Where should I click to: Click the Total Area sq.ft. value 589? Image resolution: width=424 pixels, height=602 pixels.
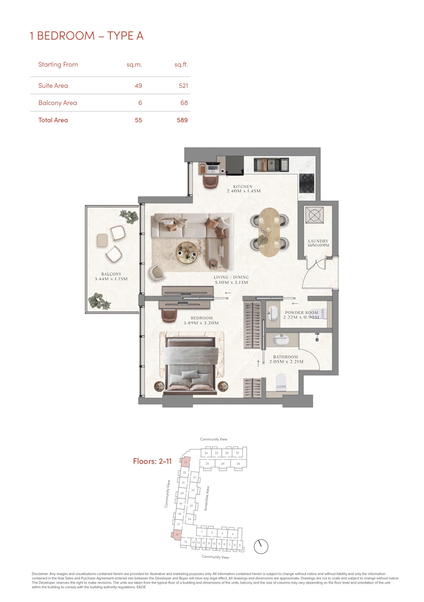182,120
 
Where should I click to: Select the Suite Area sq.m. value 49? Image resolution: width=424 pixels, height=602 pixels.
139,86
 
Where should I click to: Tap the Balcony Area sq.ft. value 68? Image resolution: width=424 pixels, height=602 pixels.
184,103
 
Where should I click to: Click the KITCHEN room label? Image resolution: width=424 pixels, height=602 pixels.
243,187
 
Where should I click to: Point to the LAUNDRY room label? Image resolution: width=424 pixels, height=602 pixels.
318,241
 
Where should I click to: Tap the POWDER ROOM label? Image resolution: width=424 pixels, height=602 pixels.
302,312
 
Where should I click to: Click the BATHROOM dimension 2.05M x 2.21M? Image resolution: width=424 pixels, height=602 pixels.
286,362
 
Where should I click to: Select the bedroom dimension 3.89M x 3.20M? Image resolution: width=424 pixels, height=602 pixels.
201,323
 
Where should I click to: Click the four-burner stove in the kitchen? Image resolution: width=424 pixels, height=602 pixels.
307,183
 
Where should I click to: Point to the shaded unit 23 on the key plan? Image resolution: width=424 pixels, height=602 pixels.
186,462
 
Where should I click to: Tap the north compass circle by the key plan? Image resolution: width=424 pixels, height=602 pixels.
261,547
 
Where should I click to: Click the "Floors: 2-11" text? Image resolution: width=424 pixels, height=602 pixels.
152,461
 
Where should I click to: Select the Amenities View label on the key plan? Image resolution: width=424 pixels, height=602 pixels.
207,499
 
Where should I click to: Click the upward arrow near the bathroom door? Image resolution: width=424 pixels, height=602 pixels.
258,364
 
